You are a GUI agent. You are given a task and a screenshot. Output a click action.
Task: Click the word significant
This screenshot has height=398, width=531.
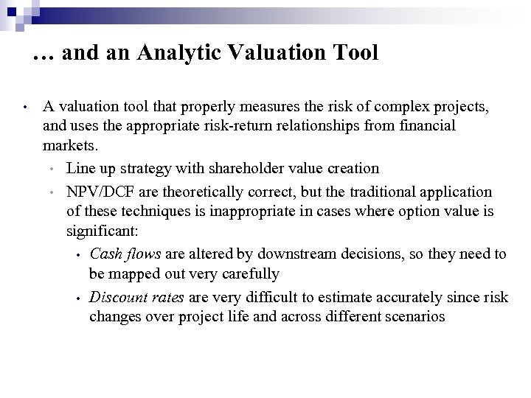point(99,231)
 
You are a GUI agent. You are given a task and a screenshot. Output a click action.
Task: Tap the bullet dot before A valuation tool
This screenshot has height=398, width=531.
point(25,108)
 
